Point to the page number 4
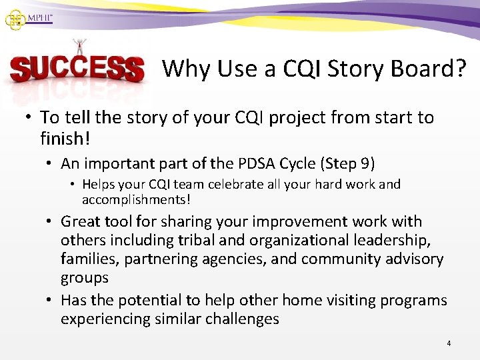pos(449,343)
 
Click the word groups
pos(85,277)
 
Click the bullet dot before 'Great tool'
pos(51,221)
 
